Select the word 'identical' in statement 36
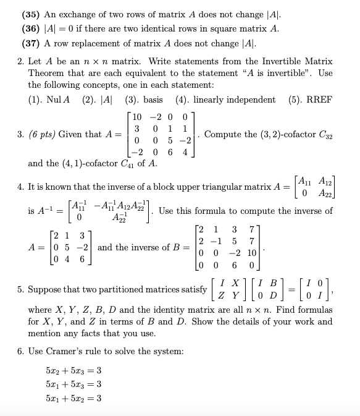[179, 29]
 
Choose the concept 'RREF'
[320, 100]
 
